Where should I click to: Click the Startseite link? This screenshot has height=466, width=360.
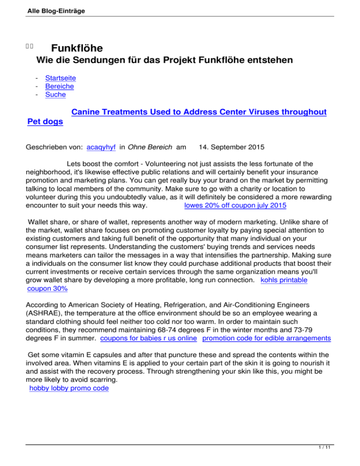click(60, 78)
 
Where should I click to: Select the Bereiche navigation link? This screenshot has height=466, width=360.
click(60, 86)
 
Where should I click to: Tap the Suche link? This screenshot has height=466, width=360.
click(55, 95)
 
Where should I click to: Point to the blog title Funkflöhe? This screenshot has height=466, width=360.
click(77, 49)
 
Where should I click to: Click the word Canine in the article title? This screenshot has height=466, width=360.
click(87, 113)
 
